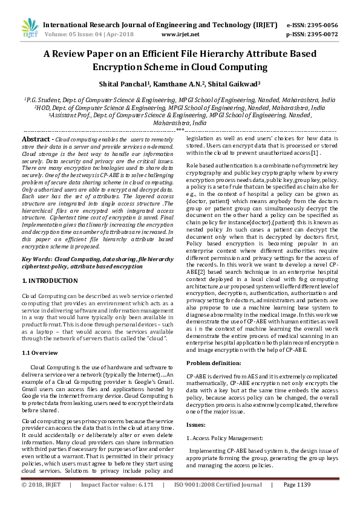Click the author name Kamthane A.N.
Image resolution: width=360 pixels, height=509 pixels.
click(185, 84)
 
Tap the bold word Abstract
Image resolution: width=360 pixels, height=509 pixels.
click(37, 139)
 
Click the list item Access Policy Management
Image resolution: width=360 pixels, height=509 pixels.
click(227, 438)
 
